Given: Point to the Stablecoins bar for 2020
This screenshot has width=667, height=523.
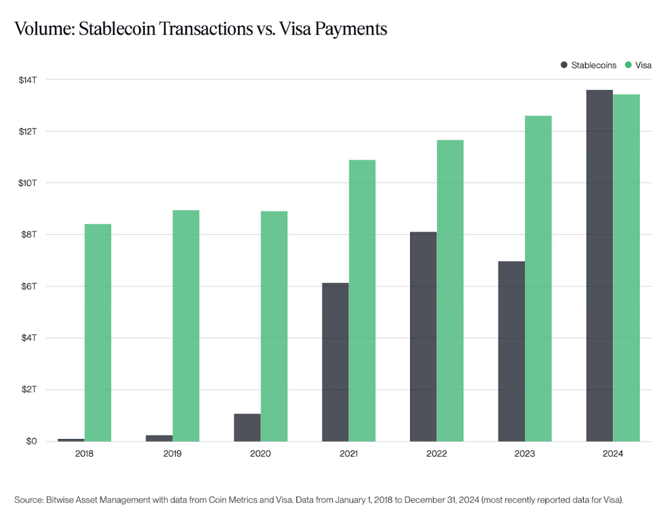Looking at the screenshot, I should coord(247,427).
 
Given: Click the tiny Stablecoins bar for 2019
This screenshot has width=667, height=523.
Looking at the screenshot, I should coord(159,438).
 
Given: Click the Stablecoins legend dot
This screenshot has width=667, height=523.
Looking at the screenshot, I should coord(564,65).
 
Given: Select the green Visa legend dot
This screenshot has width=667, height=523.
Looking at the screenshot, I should coord(628,65).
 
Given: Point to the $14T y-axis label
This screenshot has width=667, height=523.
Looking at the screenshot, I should coord(28,80).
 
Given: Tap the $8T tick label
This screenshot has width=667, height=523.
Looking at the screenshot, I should coord(29,234).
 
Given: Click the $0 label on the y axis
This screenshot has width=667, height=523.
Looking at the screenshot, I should coord(31,441).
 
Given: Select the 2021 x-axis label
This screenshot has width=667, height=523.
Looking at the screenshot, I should coord(349,454).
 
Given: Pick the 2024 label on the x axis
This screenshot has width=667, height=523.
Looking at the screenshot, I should coord(613,454).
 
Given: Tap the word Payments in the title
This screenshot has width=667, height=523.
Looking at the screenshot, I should coord(351,29).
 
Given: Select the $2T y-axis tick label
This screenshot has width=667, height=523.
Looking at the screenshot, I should coord(29,390).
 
